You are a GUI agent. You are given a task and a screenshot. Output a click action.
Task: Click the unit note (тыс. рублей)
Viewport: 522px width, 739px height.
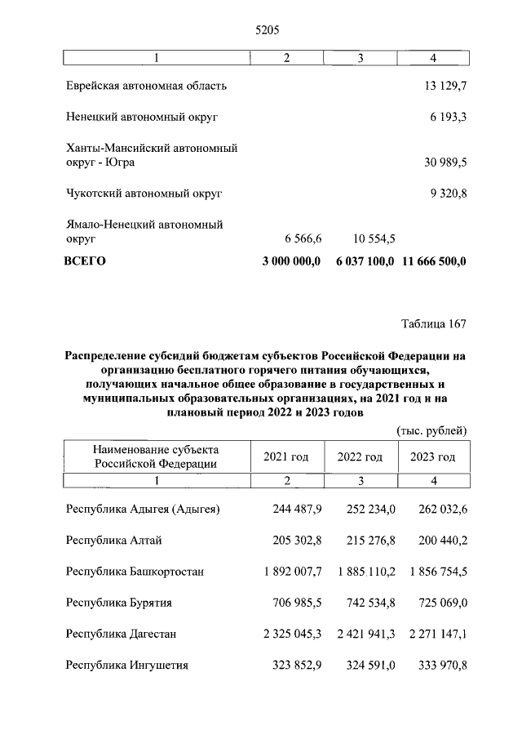(431, 430)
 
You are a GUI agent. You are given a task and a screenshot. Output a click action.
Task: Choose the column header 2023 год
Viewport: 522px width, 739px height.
(432, 456)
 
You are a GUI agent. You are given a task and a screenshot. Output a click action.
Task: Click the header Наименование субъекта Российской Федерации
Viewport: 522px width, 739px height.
(156, 456)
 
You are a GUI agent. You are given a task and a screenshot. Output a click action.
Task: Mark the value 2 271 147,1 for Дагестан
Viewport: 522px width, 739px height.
(433, 634)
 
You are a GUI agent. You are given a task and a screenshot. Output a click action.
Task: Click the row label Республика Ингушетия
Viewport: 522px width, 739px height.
(127, 665)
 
